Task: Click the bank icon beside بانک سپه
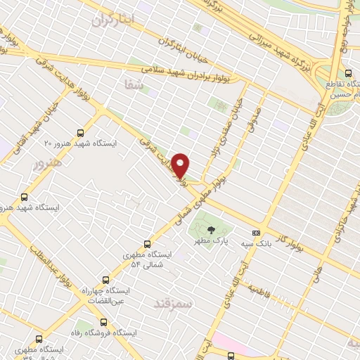coord(257,233)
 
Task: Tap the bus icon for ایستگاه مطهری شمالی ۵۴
coord(147,243)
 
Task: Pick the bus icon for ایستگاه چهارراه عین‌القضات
coord(106,280)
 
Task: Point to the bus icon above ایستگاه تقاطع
coord(349,72)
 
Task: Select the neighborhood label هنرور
coord(48,162)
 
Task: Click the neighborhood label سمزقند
coord(176,302)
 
